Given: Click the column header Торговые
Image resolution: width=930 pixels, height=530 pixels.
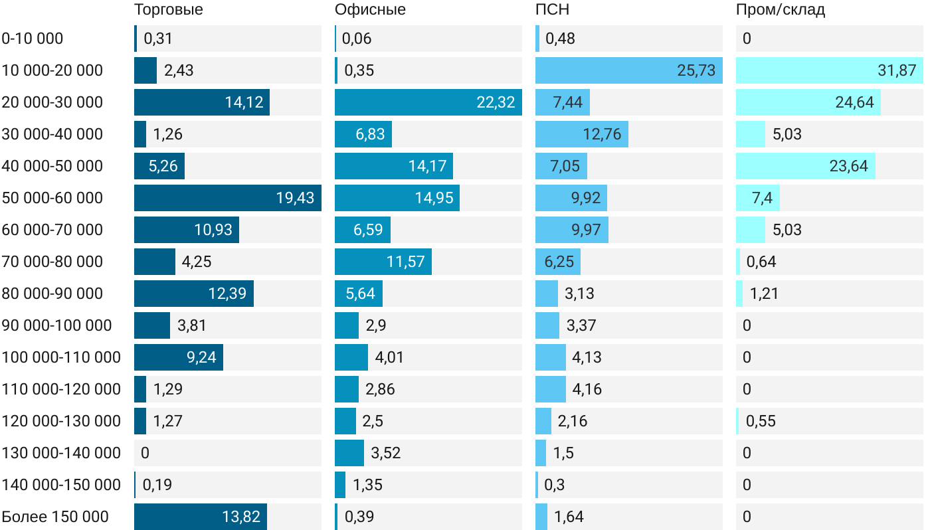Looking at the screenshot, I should tap(169, 10).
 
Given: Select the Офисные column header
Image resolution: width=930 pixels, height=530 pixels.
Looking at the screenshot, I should tap(370, 10).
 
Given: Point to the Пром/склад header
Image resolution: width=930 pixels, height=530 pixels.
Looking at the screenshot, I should tap(781, 10).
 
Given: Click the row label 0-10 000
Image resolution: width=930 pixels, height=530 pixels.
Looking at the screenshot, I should tap(33, 39).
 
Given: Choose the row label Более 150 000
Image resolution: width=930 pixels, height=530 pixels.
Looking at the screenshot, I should tap(55, 517).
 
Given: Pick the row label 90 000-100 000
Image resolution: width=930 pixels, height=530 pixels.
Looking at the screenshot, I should tap(56, 325).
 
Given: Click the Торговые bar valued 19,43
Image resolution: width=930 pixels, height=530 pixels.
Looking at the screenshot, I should tap(227, 198).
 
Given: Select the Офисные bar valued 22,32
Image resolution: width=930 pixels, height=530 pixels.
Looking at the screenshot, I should tap(428, 102).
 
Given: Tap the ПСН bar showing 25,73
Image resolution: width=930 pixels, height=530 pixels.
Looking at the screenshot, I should tap(628, 70).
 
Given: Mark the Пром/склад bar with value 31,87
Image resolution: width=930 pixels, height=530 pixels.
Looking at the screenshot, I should tap(829, 70).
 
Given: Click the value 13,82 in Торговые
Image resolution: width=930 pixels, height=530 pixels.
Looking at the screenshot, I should tap(241, 517).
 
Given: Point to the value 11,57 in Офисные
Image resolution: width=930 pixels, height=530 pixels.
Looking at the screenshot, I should tap(406, 262).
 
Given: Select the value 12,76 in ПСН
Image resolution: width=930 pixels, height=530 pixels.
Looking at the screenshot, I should tap(603, 134).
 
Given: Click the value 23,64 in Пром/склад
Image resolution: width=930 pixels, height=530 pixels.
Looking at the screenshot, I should tap(849, 166).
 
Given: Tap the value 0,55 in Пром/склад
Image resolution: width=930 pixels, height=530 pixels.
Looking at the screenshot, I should tap(761, 421).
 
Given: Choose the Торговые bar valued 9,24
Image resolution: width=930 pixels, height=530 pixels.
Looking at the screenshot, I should tap(178, 357).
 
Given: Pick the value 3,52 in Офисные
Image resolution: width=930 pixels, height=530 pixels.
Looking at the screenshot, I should tap(386, 453).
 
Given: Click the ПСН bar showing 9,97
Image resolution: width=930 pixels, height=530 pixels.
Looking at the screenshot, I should tap(571, 230).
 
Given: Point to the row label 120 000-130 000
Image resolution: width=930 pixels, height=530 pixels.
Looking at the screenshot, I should tap(61, 421).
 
